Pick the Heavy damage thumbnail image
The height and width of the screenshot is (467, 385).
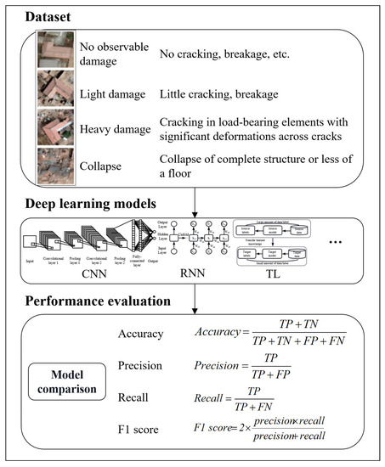click(x=57, y=129)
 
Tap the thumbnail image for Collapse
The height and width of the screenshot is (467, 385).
click(x=57, y=166)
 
